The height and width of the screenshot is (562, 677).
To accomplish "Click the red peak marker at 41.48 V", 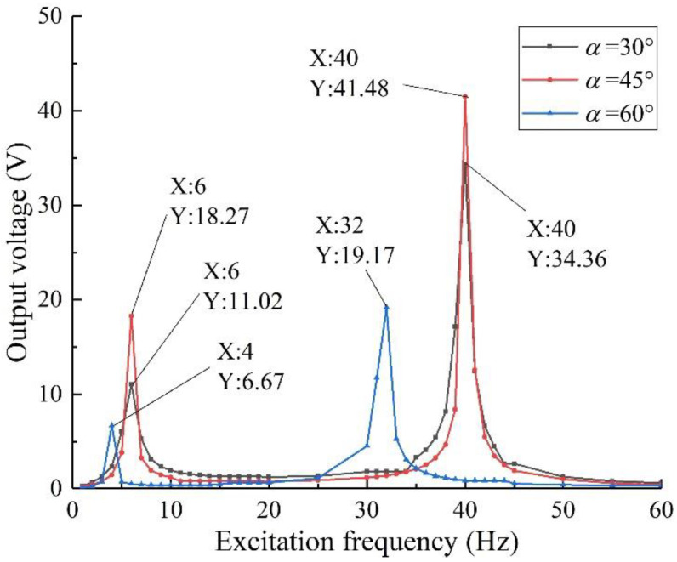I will tap(465, 97).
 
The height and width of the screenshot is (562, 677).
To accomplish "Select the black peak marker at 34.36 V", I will tap(465, 163).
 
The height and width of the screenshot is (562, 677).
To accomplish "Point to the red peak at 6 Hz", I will tap(132, 315).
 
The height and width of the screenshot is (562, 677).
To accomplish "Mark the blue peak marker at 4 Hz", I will tap(112, 425).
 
